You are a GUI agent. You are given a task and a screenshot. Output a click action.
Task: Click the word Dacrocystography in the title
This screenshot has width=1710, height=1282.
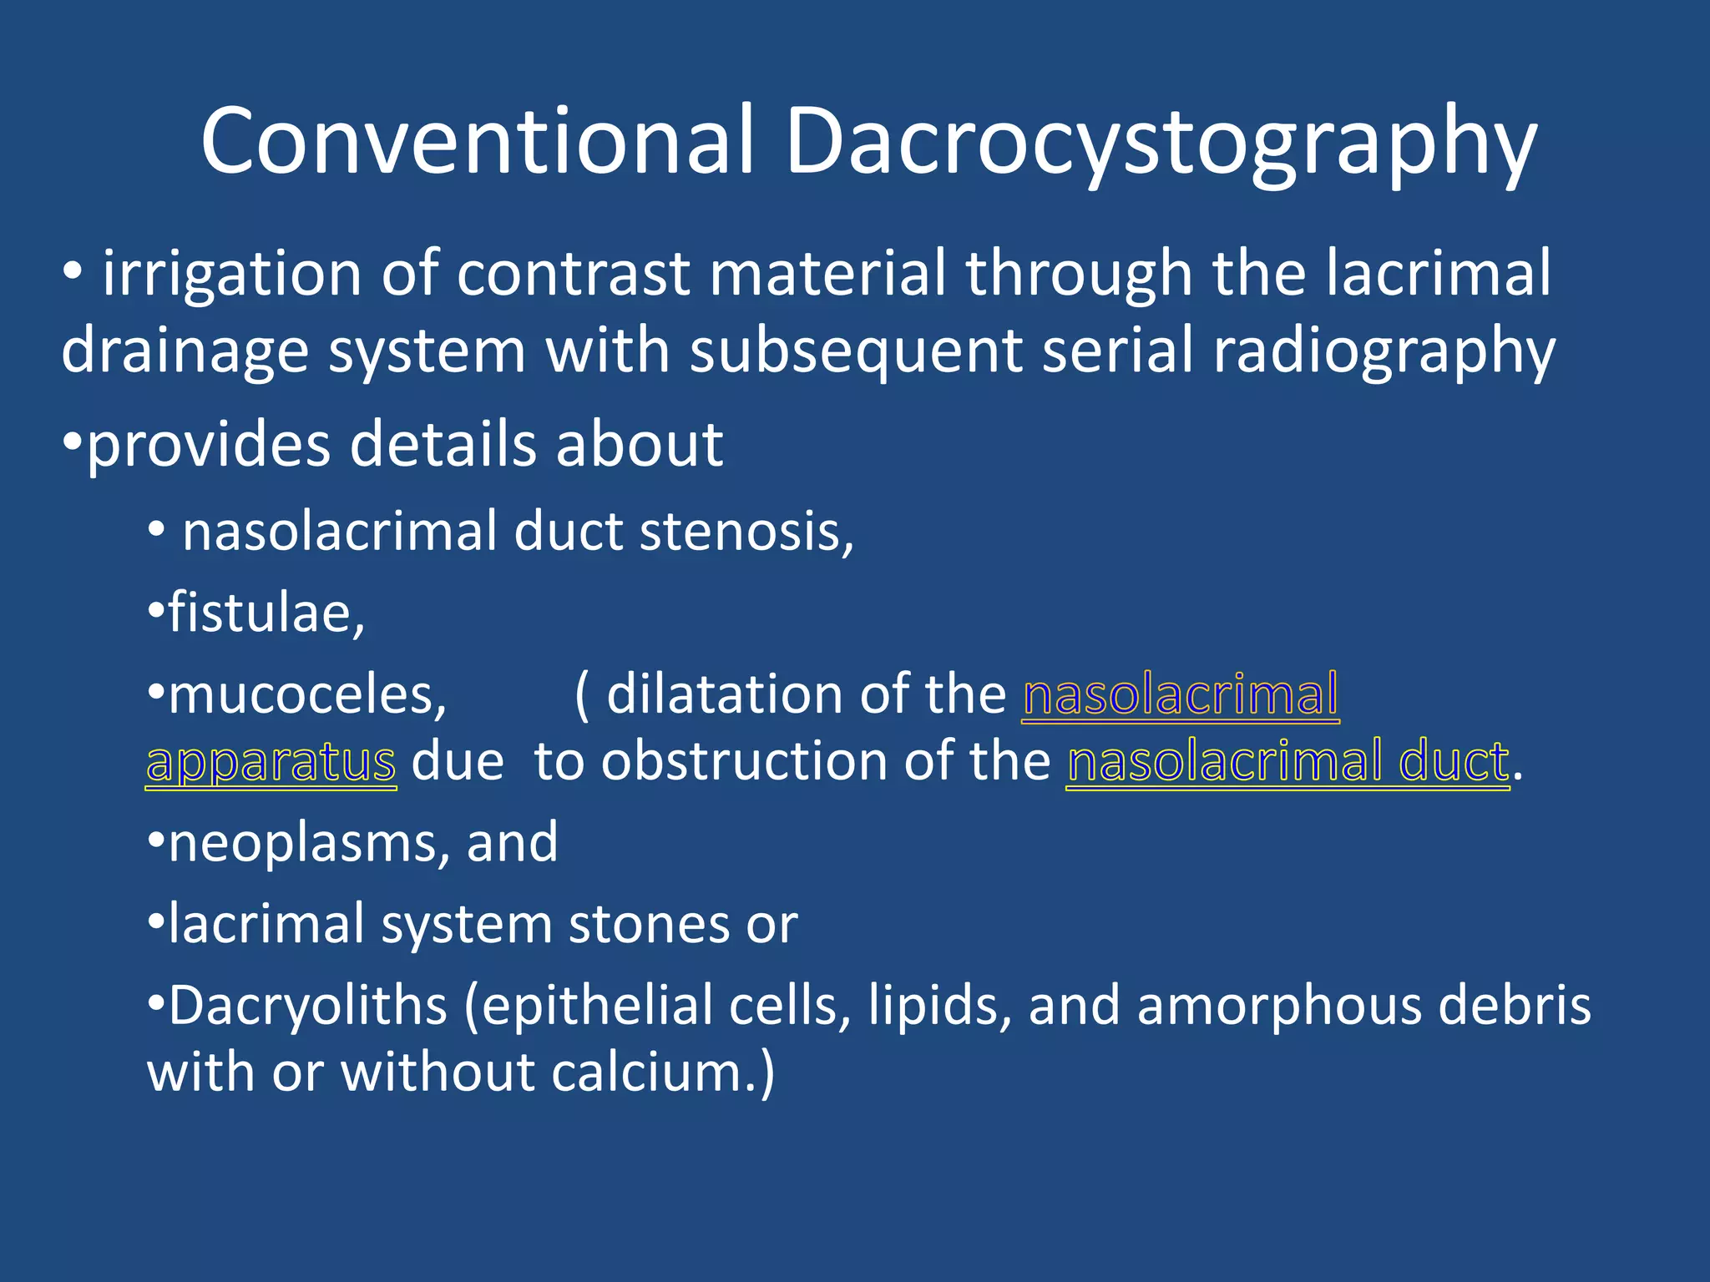pyautogui.click(x=1161, y=142)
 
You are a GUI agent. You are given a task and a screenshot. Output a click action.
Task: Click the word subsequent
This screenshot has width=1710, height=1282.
pyautogui.click(x=857, y=351)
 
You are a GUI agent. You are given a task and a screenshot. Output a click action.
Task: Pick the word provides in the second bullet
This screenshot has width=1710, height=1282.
pyautogui.click(x=209, y=445)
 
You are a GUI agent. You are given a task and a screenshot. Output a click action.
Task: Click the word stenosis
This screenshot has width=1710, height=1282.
pyautogui.click(x=746, y=532)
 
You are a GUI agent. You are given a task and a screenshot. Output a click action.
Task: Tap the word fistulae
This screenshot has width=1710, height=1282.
pyautogui.click(x=266, y=613)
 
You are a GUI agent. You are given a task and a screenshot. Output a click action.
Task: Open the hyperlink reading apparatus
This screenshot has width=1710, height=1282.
pyautogui.click(x=271, y=762)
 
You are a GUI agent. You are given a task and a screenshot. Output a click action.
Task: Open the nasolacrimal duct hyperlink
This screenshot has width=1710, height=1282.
pyautogui.click(x=1288, y=762)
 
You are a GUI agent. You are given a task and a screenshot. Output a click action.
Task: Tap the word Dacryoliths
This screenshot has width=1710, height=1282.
pyautogui.click(x=308, y=1006)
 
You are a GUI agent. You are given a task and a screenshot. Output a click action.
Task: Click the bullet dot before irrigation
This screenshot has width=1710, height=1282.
pyautogui.click(x=73, y=273)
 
